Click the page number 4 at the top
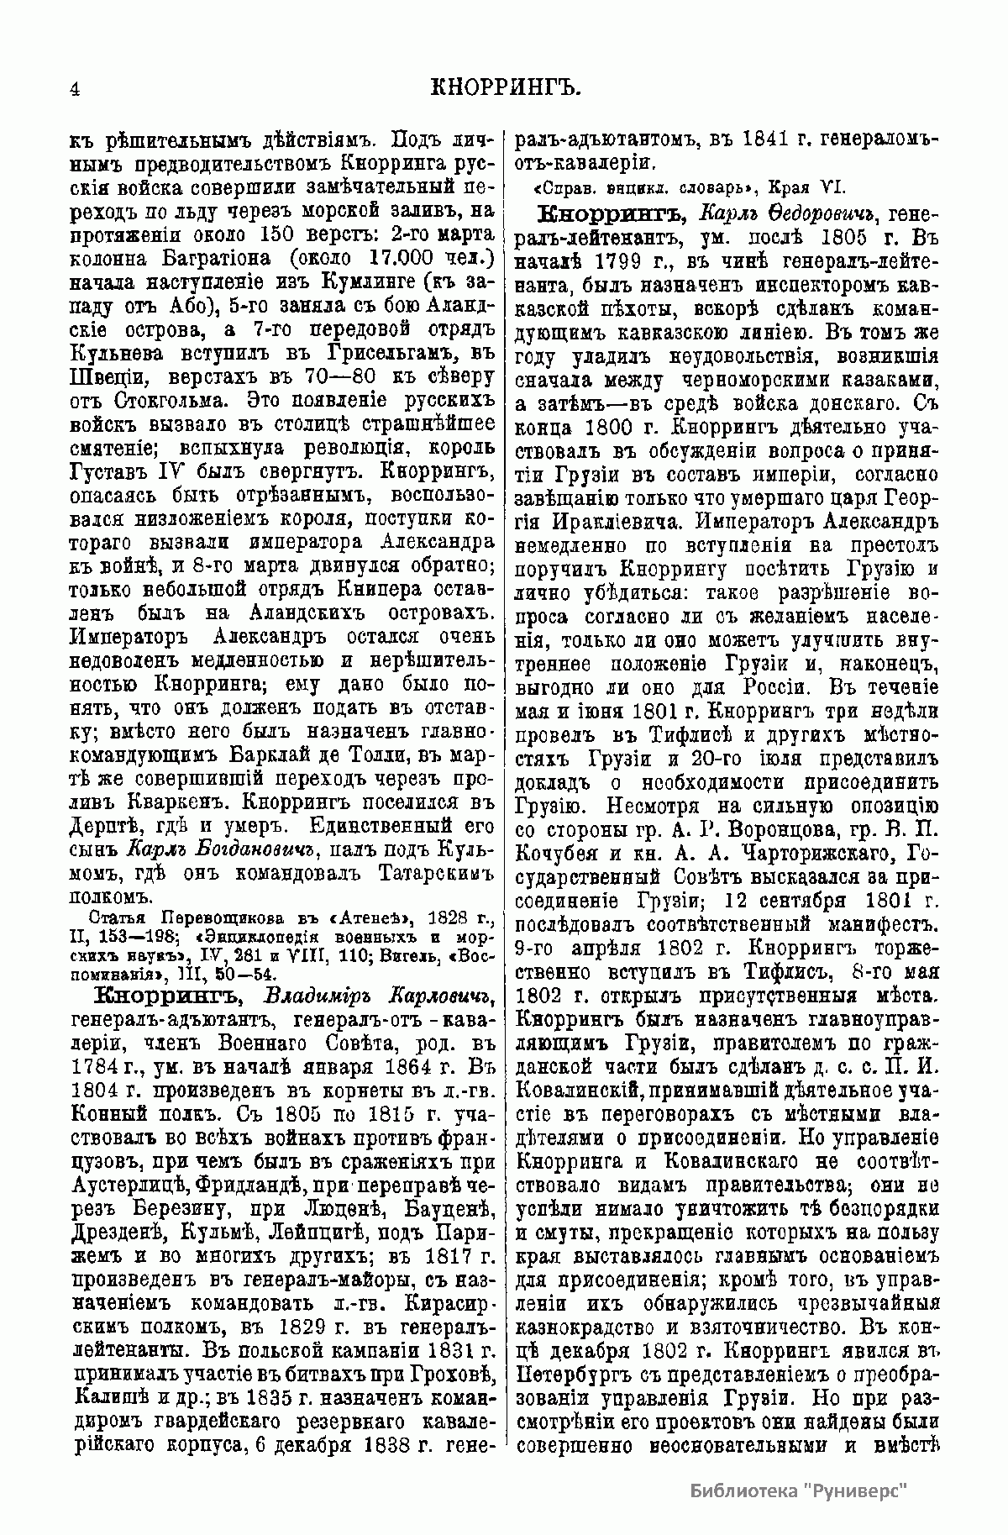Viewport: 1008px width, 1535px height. point(75,90)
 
